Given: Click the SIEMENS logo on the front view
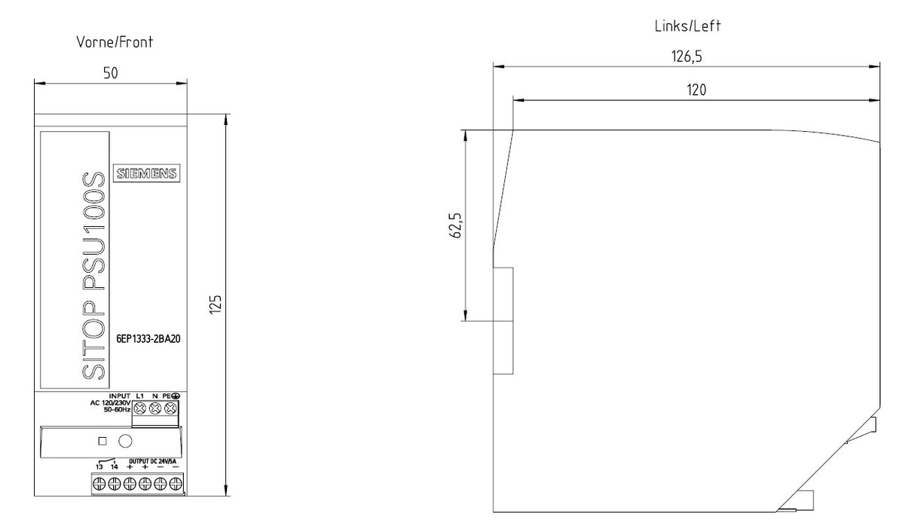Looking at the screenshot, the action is [147, 173].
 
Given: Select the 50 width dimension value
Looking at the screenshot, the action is [110, 73].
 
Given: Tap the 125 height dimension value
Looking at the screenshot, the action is [216, 304].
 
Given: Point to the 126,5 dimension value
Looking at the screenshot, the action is [687, 57].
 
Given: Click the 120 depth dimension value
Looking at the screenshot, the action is [696, 90].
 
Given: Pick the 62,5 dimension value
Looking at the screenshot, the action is [455, 225].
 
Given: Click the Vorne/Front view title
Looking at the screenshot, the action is [115, 42].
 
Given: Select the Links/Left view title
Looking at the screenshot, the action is [688, 26].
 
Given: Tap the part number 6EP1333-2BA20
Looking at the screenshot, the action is [148, 339].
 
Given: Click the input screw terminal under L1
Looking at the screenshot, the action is [139, 408].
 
